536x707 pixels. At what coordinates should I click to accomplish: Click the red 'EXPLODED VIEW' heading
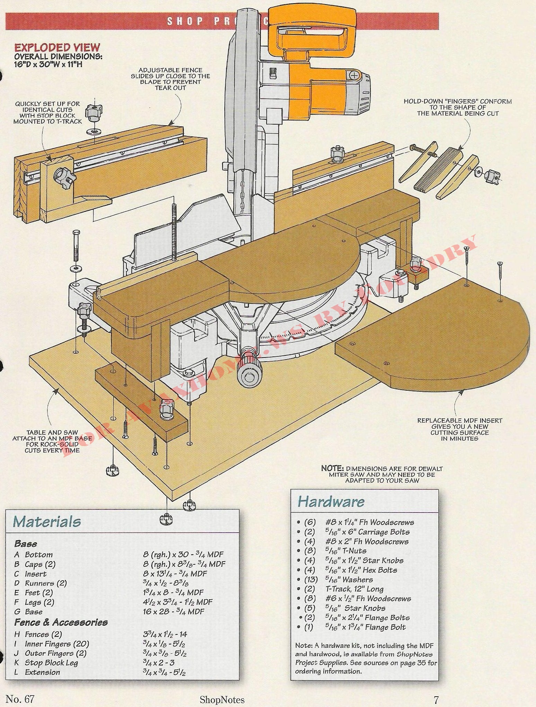click(57, 47)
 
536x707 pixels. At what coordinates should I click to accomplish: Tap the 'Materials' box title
click(47, 522)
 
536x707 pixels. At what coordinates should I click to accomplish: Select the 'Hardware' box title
click(331, 501)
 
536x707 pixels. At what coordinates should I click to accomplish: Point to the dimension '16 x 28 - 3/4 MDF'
click(173, 611)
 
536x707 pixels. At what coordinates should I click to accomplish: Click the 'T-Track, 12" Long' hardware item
click(354, 589)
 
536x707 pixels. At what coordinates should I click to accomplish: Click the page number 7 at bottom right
click(436, 699)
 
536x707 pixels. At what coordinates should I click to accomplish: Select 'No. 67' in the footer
click(20, 699)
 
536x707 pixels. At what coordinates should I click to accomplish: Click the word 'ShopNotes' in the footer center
click(222, 700)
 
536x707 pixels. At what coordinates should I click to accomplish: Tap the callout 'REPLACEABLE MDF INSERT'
click(459, 420)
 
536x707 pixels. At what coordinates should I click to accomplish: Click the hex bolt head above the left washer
click(76, 234)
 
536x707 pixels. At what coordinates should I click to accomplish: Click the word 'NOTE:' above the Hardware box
click(332, 468)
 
